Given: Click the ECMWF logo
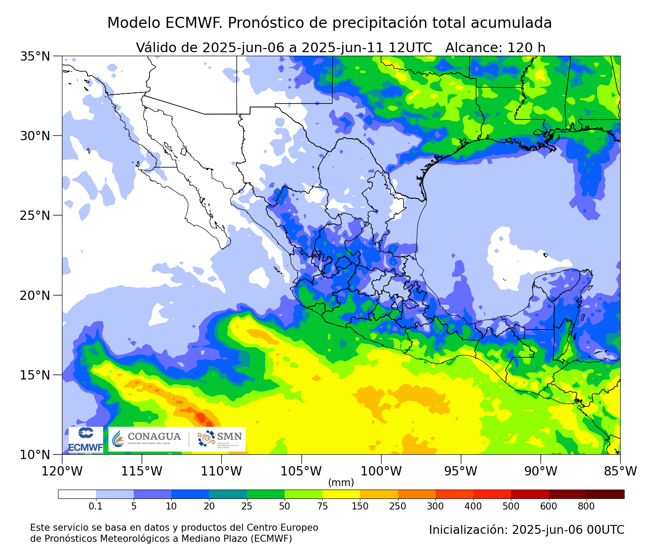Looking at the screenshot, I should point(86,440).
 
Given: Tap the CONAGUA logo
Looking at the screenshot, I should point(147,439).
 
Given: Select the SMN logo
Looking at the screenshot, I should point(220,439).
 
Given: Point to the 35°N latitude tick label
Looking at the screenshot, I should point(35,57).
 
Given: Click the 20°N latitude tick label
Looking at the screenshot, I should point(35,295).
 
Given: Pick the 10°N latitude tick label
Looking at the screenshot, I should point(35,455).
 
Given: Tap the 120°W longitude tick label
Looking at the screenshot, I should point(62,471).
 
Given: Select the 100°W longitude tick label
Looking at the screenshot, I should point(381,471).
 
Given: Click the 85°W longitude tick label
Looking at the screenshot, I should point(620,471).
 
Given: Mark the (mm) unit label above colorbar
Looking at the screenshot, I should point(341,483).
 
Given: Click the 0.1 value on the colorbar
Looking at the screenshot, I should point(96,506).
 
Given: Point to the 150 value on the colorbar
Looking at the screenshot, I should point(360,506).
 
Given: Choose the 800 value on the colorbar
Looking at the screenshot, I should point(587,506).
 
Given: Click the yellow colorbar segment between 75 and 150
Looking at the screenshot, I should point(341,494).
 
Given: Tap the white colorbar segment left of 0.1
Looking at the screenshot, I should point(77,494).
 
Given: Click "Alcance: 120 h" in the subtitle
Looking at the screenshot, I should point(495,48).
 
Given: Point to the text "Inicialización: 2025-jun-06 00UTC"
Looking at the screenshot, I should point(526,530).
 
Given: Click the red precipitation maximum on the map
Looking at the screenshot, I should point(201,417).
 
